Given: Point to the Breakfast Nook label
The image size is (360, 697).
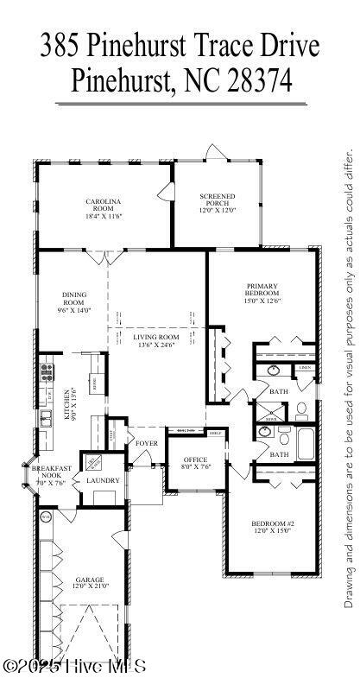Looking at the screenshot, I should [51, 472].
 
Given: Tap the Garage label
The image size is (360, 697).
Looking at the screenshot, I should [90, 580].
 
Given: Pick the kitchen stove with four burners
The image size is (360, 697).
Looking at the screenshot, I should [47, 373].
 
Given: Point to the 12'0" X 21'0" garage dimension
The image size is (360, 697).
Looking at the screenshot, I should [90, 587].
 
